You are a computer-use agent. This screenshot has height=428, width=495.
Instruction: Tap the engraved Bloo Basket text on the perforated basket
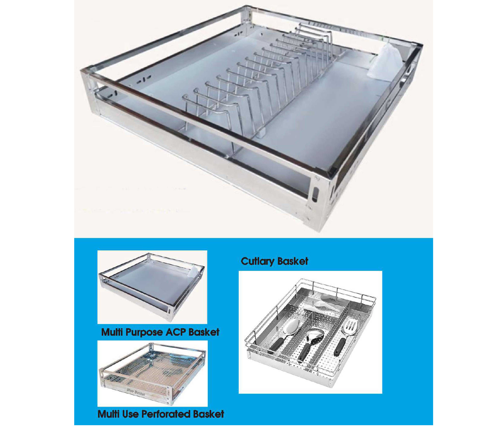(136, 392)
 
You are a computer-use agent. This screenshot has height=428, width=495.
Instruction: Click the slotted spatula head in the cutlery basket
(351, 327)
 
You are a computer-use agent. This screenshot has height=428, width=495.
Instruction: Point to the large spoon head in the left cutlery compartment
(292, 326)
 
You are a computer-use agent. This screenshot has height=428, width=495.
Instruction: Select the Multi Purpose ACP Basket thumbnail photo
(152, 287)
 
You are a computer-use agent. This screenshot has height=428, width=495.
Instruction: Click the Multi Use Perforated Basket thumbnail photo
(152, 374)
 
